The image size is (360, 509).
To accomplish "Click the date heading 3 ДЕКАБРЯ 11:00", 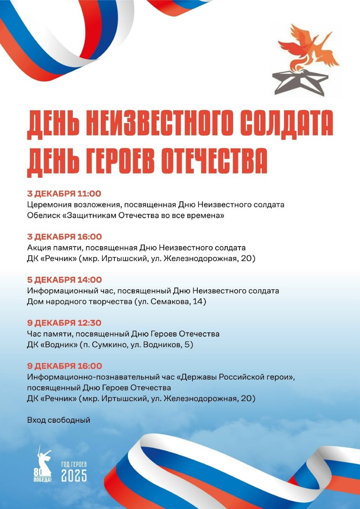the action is click(64, 194).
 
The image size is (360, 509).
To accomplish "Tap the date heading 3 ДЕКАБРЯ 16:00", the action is click(64, 237).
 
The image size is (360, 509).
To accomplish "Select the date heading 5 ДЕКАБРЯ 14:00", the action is click(64, 280).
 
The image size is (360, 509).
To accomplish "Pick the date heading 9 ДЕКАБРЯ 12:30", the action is click(64, 323).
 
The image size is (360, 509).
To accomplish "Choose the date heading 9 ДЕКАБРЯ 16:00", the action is click(64, 366).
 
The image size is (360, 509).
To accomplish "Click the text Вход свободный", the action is click(58, 420).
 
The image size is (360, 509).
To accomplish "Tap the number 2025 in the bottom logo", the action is click(74, 475).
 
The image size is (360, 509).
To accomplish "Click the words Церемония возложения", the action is click(72, 205).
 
